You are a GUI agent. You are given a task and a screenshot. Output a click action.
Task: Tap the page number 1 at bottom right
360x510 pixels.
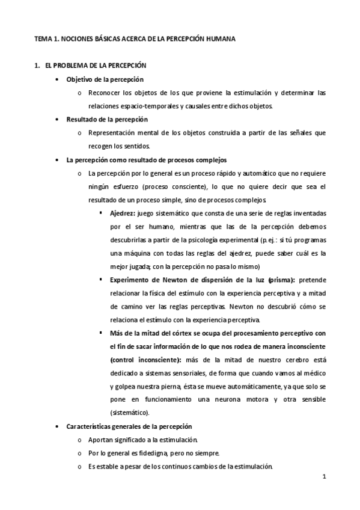(x=323, y=478)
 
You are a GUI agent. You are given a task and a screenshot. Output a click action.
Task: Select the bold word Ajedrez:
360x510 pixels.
(x=123, y=214)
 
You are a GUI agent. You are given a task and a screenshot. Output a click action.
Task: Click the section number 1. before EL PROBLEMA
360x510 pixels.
(x=38, y=64)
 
